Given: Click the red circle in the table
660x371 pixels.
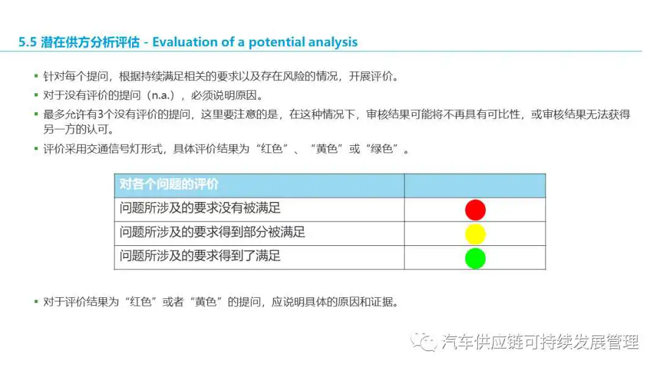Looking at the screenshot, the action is click(475, 210).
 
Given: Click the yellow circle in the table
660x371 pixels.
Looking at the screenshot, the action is click(475, 234).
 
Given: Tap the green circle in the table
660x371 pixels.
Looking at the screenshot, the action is click(475, 258).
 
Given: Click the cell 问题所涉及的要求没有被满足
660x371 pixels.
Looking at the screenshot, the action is click(259, 210).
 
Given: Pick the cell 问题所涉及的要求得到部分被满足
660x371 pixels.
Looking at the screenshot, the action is click(259, 234).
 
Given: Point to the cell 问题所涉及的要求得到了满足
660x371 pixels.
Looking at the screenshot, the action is click(259, 257).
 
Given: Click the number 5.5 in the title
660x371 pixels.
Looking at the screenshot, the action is click(28, 42).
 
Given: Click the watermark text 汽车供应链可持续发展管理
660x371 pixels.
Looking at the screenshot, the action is click(540, 342).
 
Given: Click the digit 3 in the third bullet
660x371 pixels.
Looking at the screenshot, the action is click(101, 114).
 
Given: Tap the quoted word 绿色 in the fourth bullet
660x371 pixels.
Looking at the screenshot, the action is click(382, 149).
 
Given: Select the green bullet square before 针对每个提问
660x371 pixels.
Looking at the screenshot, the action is click(36, 76).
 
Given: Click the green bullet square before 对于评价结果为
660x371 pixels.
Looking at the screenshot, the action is click(36, 301).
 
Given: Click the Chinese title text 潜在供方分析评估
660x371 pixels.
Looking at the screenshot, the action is click(90, 42).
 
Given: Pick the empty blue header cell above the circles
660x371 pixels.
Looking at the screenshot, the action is click(475, 185).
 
